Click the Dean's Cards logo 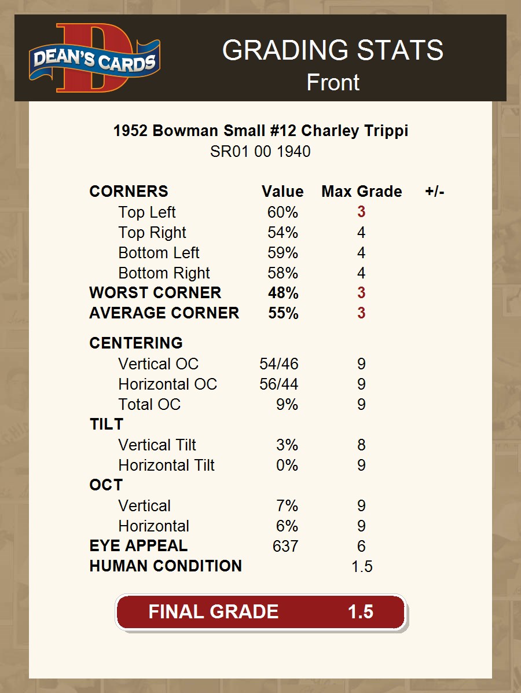[x=94, y=58]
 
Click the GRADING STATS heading [x=333, y=50]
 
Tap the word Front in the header [x=333, y=82]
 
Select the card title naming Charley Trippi [x=260, y=131]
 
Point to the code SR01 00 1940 [x=260, y=152]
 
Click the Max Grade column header [x=361, y=192]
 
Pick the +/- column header [x=434, y=192]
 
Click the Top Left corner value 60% [x=282, y=212]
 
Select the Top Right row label [x=152, y=233]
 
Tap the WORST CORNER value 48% [x=283, y=293]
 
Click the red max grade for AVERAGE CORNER [x=361, y=313]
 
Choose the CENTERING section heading [x=136, y=343]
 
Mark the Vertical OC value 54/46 [x=279, y=364]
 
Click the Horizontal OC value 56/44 [x=279, y=384]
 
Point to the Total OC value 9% [x=287, y=404]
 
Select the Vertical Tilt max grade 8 [x=361, y=445]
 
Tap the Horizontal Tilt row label [x=166, y=465]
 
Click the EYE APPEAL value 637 [x=285, y=546]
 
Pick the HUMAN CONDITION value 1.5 [x=362, y=566]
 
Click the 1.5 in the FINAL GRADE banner [x=361, y=612]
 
